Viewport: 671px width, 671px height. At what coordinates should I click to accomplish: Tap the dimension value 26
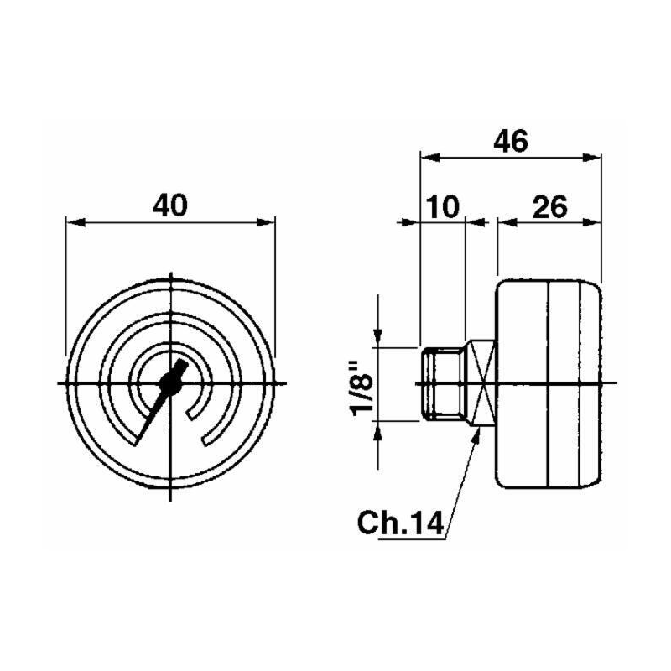550,205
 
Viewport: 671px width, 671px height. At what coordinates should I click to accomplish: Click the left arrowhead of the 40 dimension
74,222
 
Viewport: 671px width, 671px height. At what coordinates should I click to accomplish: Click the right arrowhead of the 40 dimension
267,222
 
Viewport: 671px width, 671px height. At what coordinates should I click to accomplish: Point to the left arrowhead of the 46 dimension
427,156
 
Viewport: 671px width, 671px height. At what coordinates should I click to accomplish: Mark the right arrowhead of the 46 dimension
594,156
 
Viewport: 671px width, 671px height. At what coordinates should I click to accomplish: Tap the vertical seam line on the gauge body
547,382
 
